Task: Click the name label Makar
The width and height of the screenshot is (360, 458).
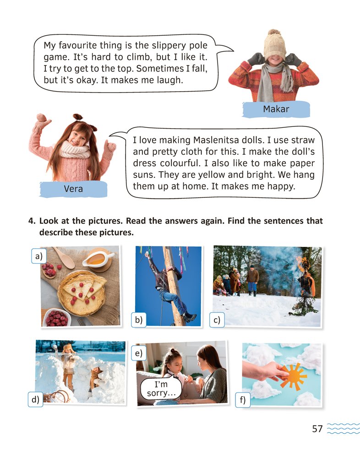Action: point(276,109)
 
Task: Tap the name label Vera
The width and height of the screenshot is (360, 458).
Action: point(73,189)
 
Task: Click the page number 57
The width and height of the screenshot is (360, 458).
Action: point(317,429)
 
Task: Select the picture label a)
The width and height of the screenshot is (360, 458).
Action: point(39,256)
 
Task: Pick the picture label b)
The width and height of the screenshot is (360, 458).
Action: point(138,320)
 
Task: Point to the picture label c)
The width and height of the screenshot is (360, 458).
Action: point(217,320)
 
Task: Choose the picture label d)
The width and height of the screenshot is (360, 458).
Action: point(35,399)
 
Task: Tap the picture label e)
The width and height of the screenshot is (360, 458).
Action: point(138,353)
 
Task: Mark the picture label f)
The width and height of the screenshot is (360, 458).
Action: point(243,399)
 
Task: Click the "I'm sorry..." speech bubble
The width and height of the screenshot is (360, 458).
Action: point(161,388)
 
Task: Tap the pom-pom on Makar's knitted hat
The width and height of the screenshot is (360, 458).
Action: point(274,33)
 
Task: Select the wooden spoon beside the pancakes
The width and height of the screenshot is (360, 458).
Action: point(63,258)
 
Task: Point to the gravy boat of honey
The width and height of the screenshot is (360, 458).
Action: point(98,259)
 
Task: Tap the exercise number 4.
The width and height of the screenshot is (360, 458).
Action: point(32,221)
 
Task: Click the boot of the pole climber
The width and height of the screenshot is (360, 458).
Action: point(189,317)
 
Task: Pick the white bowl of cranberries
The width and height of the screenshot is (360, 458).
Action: point(57,317)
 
